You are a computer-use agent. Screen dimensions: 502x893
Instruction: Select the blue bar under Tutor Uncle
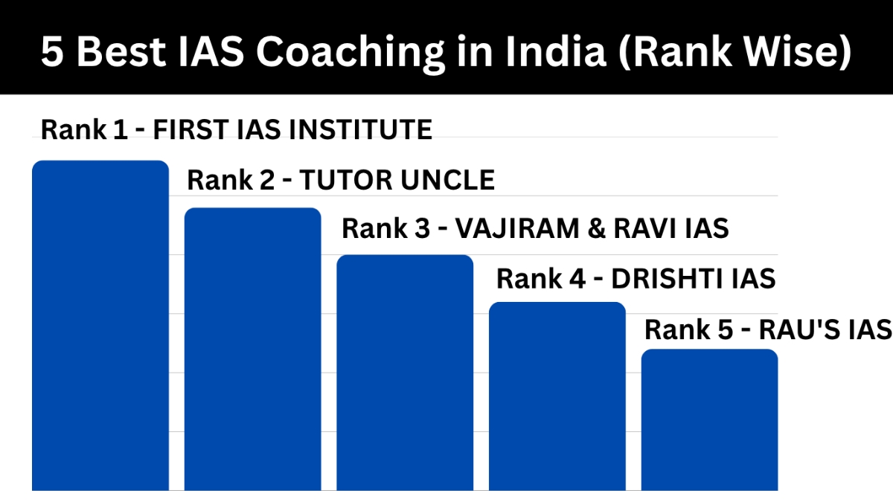pos(252,349)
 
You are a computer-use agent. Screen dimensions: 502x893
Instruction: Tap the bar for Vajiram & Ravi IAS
pos(405,372)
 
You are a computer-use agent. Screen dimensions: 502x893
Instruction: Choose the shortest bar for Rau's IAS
pos(709,419)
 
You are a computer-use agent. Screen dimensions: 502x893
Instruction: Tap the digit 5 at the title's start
pos(51,53)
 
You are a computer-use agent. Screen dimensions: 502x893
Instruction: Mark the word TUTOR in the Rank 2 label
pos(340,180)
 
